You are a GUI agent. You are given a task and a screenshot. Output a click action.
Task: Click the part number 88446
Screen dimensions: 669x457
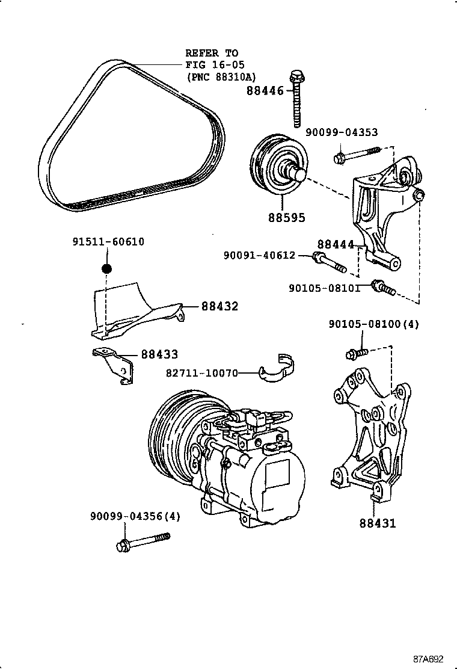265,91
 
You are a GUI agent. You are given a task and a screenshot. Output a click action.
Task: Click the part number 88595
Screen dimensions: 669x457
287,217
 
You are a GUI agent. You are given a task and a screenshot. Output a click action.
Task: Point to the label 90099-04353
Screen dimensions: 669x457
342,132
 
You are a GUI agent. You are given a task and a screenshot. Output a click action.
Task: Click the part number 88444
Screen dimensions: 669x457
336,244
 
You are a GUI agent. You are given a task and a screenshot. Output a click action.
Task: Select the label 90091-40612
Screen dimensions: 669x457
260,255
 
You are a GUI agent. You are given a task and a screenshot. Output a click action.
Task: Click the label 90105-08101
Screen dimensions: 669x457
324,288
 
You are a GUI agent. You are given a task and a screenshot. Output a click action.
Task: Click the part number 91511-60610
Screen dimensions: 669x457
108,242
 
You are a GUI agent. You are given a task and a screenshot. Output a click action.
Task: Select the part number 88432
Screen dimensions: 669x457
219,306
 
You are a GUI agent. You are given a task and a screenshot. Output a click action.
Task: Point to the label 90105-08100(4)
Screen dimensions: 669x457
373,324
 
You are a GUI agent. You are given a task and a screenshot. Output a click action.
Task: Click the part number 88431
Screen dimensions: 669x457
378,523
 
